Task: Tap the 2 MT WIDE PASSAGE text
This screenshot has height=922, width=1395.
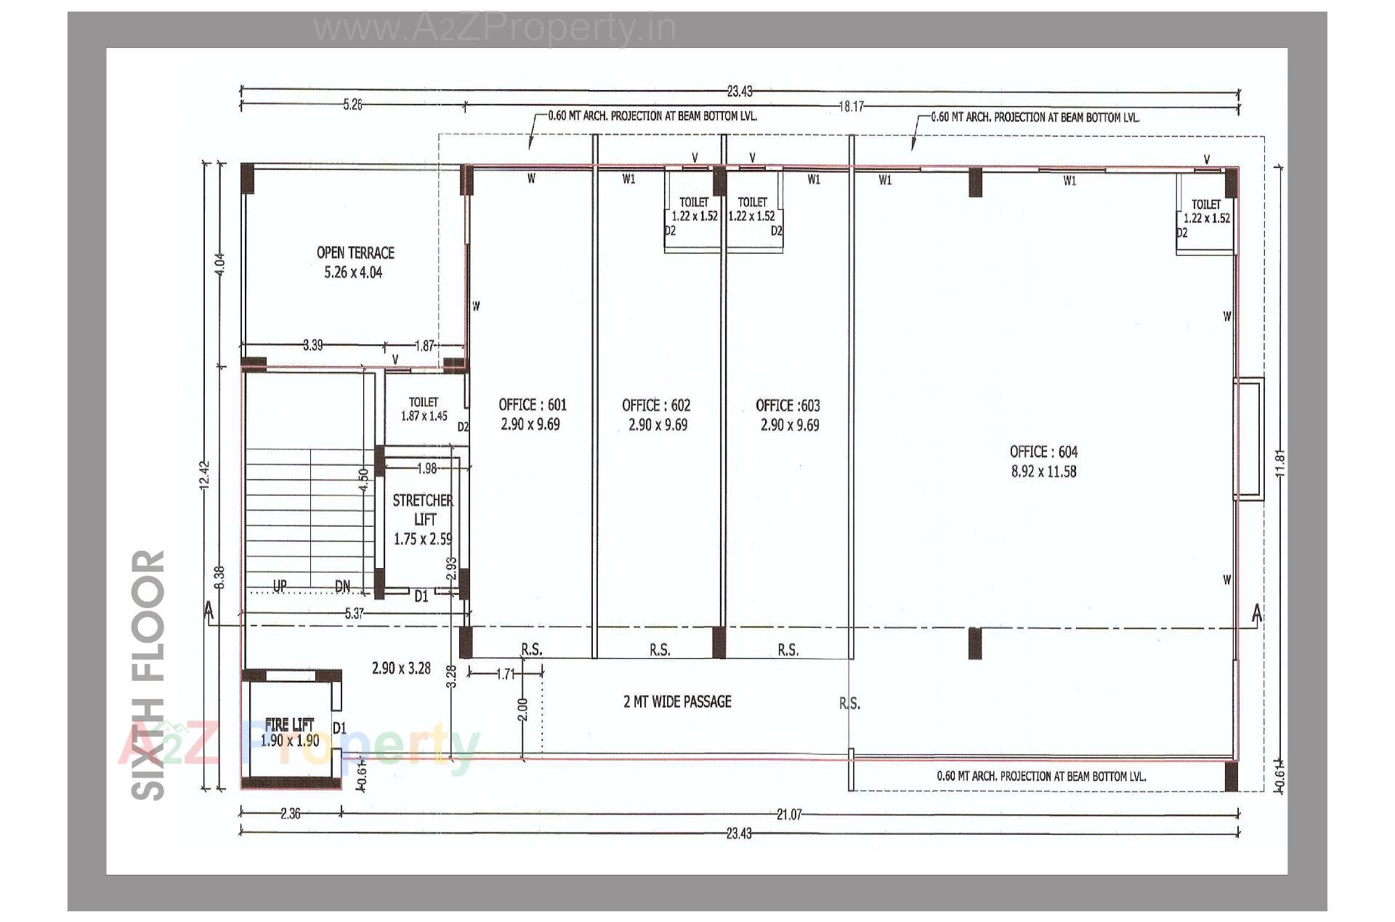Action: pos(677,702)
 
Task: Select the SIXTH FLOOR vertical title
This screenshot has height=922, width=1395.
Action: pos(149,675)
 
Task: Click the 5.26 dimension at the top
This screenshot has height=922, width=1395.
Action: pos(352,105)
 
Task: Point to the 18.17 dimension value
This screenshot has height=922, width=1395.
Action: pos(852,107)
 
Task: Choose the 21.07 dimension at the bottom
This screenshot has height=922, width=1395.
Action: pos(789,814)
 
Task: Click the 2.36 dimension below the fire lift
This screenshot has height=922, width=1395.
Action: pos(290,814)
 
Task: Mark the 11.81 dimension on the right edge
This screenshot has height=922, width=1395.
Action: pos(1279,463)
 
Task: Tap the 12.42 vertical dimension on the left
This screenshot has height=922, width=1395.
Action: pos(206,475)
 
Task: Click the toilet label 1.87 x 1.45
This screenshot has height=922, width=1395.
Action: pos(424,409)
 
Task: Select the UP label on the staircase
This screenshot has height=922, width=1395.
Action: pos(280,586)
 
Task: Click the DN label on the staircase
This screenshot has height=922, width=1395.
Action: pos(343,586)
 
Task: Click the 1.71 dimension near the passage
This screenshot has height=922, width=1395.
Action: pos(506,674)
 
